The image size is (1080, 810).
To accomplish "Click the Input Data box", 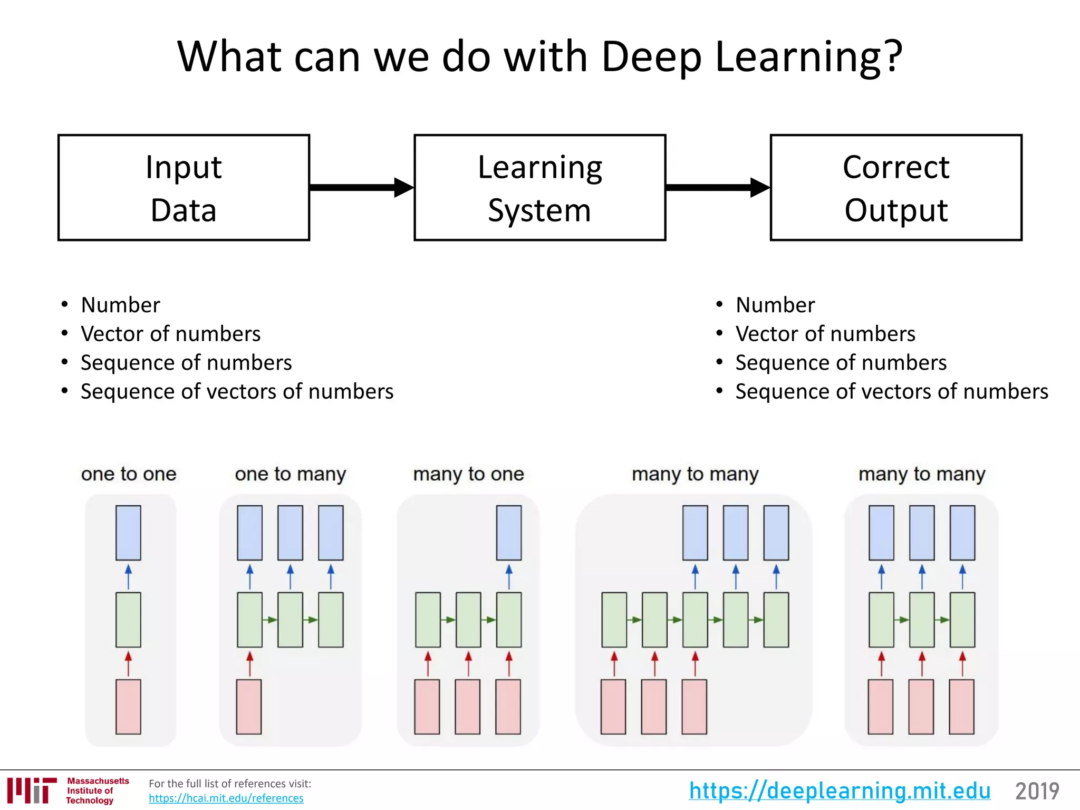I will pyautogui.click(x=184, y=188).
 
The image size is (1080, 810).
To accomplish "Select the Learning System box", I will pyautogui.click(x=539, y=188).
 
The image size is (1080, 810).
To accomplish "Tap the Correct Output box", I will pyautogui.click(x=895, y=188).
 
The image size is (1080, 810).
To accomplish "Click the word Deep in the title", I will pyautogui.click(x=651, y=57).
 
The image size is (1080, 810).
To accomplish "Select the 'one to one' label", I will pyautogui.click(x=129, y=474).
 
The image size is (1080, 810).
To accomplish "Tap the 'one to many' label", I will pyautogui.click(x=291, y=474).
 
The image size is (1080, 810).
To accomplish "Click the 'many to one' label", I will pyautogui.click(x=468, y=474).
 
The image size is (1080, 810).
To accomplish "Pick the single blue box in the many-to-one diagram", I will pyautogui.click(x=508, y=533).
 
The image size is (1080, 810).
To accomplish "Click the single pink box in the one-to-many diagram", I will pyautogui.click(x=249, y=707).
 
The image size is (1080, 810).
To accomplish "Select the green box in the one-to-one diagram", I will pyautogui.click(x=128, y=620).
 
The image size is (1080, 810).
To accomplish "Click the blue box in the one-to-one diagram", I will pyautogui.click(x=128, y=533).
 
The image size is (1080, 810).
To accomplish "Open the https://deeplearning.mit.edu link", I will pyautogui.click(x=840, y=790).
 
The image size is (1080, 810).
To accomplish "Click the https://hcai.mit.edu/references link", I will pyautogui.click(x=226, y=798).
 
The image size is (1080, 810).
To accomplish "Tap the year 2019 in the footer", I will pyautogui.click(x=1037, y=791).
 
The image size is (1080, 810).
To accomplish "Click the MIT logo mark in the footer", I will pyautogui.click(x=32, y=790).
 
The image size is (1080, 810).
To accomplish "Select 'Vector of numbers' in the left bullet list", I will pyautogui.click(x=170, y=334).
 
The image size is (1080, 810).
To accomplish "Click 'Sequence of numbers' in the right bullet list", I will pyautogui.click(x=841, y=363).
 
